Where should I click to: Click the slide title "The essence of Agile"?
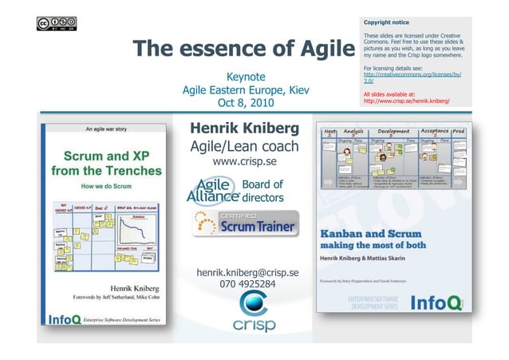coord(243,50)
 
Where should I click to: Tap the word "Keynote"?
coord(243,77)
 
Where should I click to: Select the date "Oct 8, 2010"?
coord(243,104)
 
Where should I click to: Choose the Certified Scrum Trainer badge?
coord(246,224)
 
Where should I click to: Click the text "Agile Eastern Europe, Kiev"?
coord(243,90)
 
